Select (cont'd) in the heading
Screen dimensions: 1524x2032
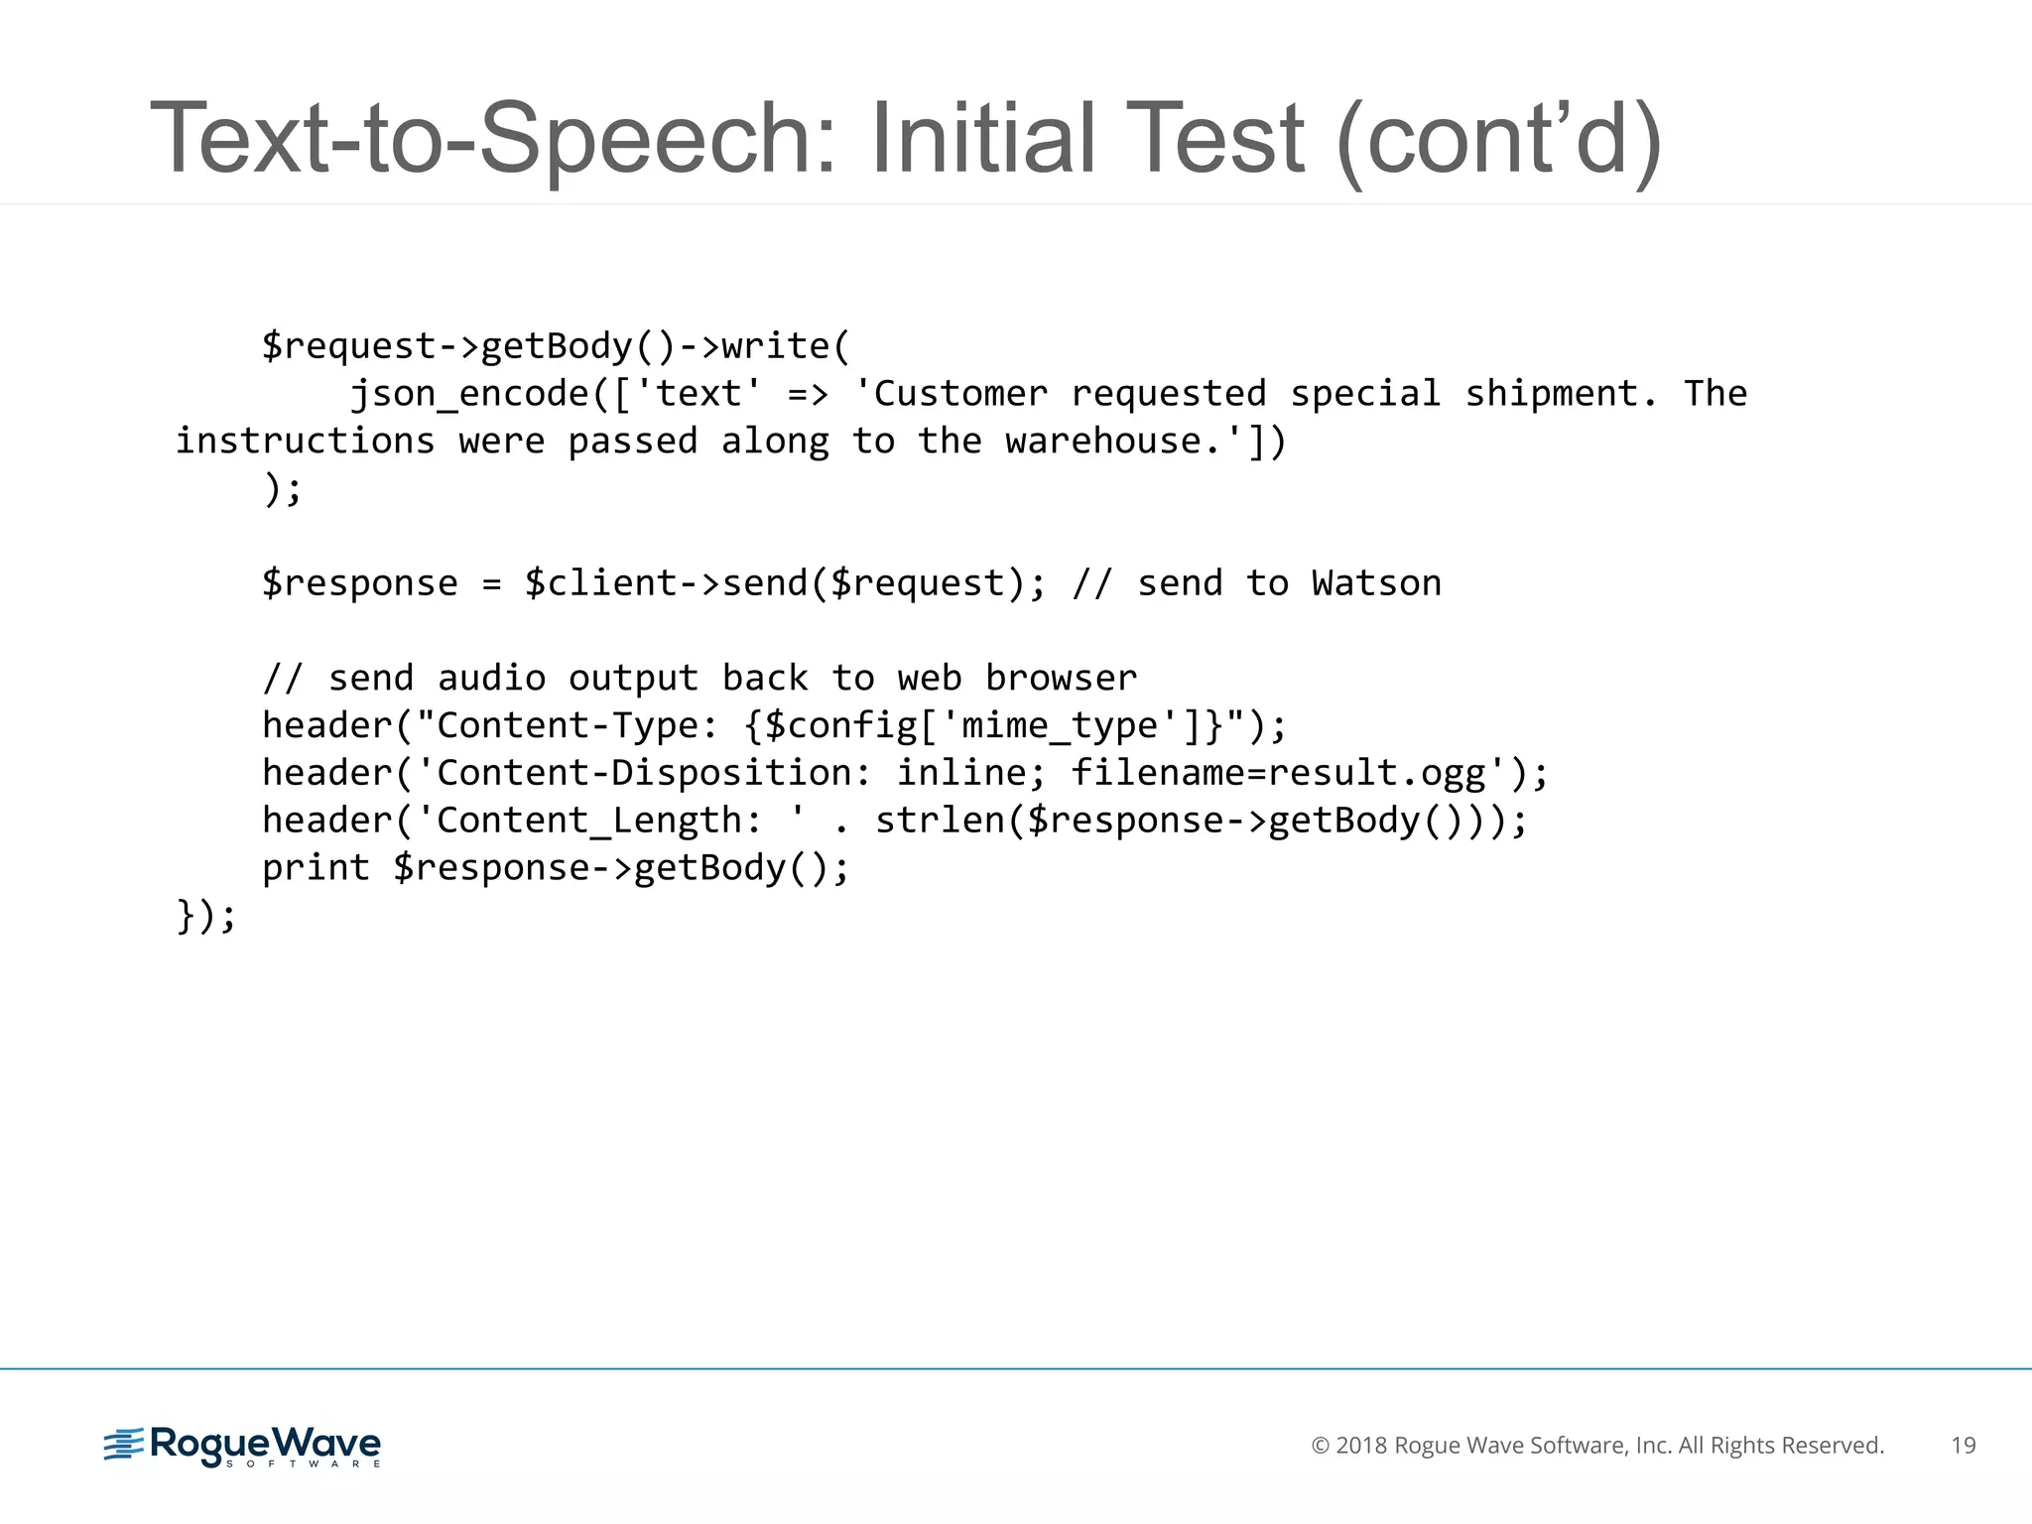coord(1498,139)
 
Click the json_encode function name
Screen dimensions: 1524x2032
coord(469,394)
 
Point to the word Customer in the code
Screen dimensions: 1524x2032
coord(960,394)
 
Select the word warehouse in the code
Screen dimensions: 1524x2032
coord(1102,442)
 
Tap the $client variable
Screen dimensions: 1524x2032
coord(600,583)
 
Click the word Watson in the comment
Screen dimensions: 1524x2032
coord(1376,583)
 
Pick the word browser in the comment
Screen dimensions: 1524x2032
coord(1061,679)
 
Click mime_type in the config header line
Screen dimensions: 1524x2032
coord(1060,726)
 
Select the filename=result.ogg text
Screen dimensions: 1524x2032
coord(1278,773)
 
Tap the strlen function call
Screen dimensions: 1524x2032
coord(940,821)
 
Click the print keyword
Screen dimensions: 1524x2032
coord(316,868)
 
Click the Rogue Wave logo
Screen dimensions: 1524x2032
coord(243,1446)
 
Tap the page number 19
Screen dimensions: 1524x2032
coord(1963,1446)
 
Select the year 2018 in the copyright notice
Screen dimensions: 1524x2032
coord(1361,1446)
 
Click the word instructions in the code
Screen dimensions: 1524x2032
coord(306,442)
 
